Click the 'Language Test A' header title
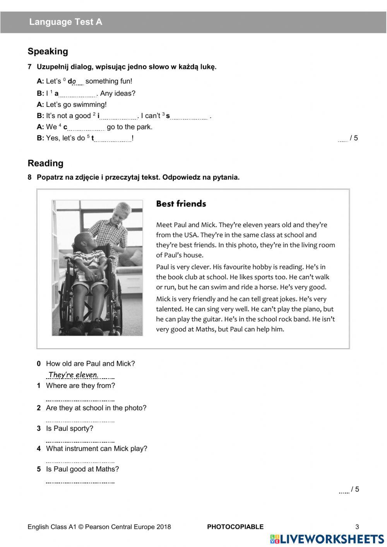[x=66, y=22]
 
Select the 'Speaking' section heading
[x=48, y=51]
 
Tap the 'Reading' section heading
[x=45, y=163]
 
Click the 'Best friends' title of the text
[x=181, y=204]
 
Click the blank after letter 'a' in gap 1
[x=78, y=94]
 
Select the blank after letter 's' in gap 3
[x=189, y=117]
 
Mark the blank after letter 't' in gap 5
[x=113, y=139]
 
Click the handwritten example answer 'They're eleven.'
[x=74, y=375]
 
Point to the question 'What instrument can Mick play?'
[x=96, y=449]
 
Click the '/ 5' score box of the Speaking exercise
[x=348, y=138]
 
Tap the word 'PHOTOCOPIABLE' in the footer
[x=235, y=527]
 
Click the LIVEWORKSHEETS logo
[x=327, y=539]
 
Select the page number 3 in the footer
[x=357, y=527]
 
